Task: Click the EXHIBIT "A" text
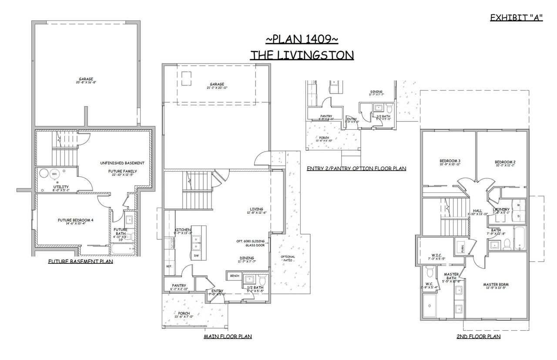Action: [x=516, y=17]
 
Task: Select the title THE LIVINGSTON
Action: [x=302, y=54]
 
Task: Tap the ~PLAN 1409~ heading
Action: [x=302, y=39]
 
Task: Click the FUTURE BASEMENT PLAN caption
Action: [x=80, y=262]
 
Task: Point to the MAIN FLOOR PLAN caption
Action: [x=228, y=336]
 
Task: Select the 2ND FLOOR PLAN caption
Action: [x=478, y=336]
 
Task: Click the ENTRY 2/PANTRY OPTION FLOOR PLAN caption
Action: [x=356, y=168]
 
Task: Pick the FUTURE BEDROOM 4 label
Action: [x=76, y=220]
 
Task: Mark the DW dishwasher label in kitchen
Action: [x=197, y=256]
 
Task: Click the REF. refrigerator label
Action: [x=169, y=266]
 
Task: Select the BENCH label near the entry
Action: [x=235, y=276]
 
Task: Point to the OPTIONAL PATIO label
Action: [x=287, y=258]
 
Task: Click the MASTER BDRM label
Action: [x=496, y=285]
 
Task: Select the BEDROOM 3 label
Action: [x=450, y=161]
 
